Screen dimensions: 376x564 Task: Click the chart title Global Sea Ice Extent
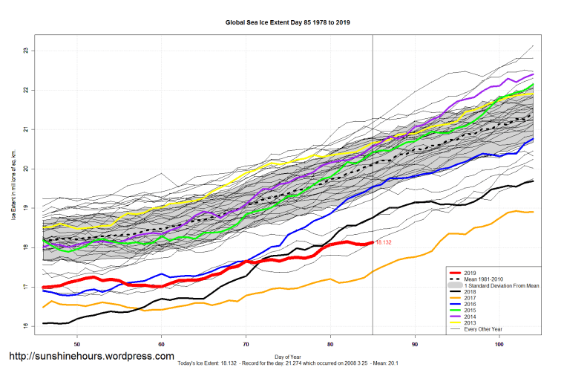point(287,22)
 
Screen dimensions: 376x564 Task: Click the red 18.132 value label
point(384,242)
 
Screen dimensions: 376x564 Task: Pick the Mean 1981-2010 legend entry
point(485,278)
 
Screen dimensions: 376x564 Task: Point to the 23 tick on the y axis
point(26,51)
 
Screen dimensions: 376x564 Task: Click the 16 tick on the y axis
point(26,326)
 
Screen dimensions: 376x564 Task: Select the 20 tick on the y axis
point(26,169)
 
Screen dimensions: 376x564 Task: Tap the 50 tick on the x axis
point(77,345)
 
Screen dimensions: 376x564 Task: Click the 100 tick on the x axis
point(499,345)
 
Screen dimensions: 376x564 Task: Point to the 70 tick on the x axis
point(246,345)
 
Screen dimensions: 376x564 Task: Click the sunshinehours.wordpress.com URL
point(91,357)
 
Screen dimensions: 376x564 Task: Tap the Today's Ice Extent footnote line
point(289,364)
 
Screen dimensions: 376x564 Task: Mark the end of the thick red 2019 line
point(373,242)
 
